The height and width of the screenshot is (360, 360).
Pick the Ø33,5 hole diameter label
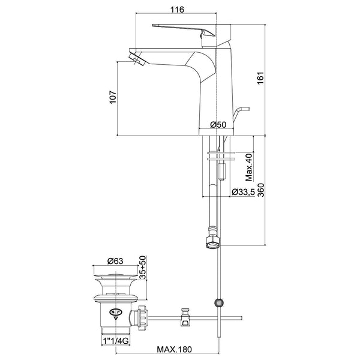[245, 192]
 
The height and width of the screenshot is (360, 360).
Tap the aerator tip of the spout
[136, 59]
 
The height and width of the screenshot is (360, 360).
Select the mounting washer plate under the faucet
[220, 156]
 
